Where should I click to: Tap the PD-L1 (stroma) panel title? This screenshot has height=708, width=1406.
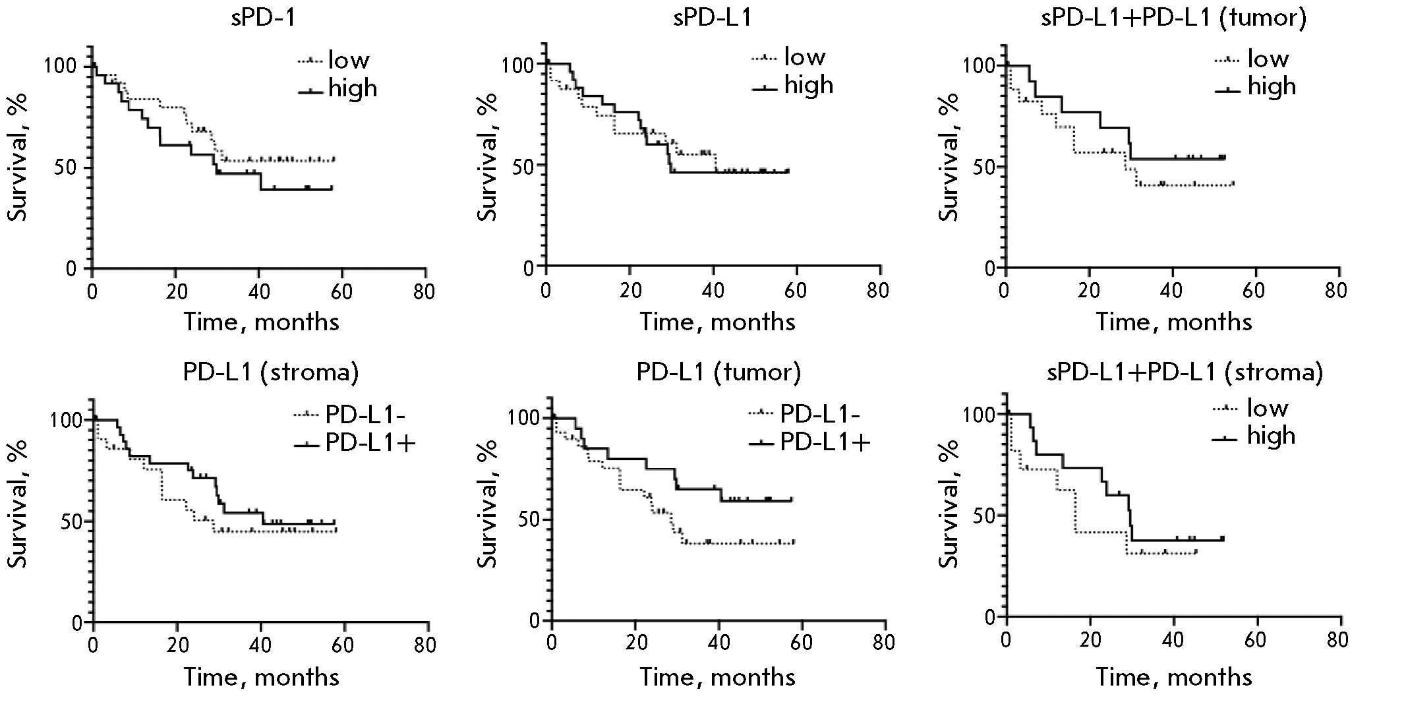pos(271,372)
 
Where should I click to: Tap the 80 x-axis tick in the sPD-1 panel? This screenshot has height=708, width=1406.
pos(425,291)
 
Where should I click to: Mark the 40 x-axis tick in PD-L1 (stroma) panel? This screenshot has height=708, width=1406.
pos(260,644)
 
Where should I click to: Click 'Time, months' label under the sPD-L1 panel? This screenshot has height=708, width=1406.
pos(718,322)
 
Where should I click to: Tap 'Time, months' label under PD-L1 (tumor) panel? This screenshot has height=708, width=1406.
pos(718,676)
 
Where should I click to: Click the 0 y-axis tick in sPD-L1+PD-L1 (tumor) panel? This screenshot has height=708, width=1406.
pos(992,268)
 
